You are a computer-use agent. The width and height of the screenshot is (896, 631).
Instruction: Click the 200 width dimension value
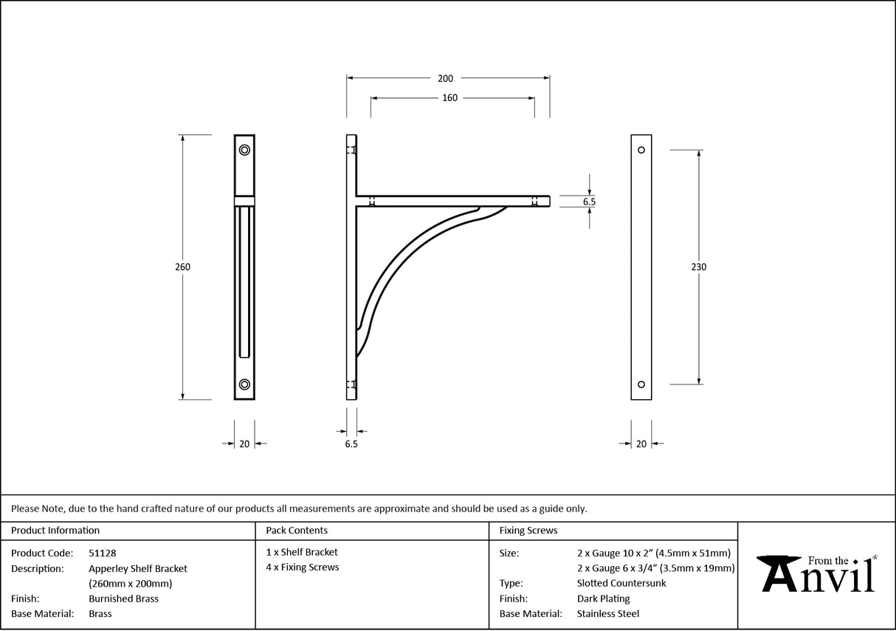[x=445, y=78]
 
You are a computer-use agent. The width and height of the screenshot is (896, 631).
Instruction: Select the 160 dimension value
[x=449, y=98]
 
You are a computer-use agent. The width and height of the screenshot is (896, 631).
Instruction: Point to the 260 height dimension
[x=182, y=267]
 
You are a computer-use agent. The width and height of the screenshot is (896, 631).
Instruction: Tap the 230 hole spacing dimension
[x=698, y=267]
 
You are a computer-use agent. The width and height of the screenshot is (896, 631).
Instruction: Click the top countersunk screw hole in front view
[x=244, y=150]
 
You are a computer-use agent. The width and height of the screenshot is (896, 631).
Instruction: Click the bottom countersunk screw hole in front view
[x=244, y=384]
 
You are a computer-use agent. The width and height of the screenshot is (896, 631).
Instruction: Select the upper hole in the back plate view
[x=641, y=151]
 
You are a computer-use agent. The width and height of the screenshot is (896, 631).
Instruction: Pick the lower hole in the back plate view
[x=641, y=384]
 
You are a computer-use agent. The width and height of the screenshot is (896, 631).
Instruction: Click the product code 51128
[x=102, y=553]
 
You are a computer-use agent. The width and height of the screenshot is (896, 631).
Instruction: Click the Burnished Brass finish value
[x=123, y=599]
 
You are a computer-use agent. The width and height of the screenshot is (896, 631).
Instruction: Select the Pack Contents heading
[x=297, y=530]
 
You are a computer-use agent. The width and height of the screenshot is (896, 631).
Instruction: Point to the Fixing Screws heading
[x=528, y=530]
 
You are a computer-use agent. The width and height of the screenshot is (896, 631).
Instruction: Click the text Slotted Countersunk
[x=621, y=583]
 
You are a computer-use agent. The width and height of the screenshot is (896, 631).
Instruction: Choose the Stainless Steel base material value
[x=608, y=614]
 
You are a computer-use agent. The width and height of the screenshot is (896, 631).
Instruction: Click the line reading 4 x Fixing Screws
[x=303, y=568]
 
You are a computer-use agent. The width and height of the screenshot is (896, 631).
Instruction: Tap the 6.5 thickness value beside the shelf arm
[x=588, y=201]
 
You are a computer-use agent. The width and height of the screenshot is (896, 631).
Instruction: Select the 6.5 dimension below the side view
[x=351, y=444]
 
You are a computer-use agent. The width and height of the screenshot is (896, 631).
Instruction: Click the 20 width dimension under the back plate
[x=641, y=444]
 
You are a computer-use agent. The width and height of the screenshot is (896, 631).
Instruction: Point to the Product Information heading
[x=55, y=530]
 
